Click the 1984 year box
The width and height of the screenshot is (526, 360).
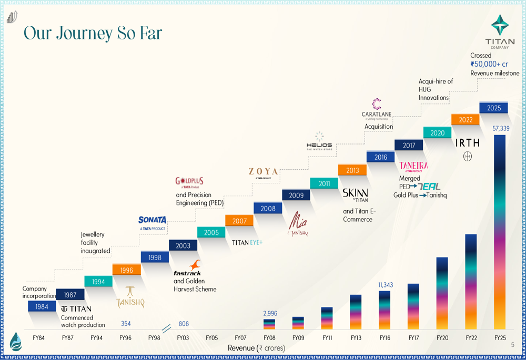point(42,306)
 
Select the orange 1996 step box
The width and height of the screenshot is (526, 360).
point(127,270)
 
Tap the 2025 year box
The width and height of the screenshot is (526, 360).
point(493,108)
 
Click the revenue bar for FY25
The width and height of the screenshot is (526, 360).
point(500,232)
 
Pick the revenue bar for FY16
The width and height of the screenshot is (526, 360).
point(385,310)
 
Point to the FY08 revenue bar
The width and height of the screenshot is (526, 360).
point(269,324)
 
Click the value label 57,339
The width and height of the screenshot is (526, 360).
point(500,128)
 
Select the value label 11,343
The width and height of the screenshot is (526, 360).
point(385,285)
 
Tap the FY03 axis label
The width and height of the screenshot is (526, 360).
point(183,338)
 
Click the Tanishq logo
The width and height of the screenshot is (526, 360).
point(129,297)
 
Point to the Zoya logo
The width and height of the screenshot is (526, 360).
point(264,173)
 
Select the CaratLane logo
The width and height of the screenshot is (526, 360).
point(376,109)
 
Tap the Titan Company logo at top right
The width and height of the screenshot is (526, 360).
point(499,32)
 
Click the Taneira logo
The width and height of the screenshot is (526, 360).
point(413,166)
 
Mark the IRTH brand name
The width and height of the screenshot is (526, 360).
point(467,143)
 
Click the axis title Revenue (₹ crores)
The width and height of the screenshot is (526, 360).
point(256,348)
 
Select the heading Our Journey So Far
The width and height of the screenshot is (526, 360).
point(93,34)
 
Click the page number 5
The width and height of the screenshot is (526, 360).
point(512,345)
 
